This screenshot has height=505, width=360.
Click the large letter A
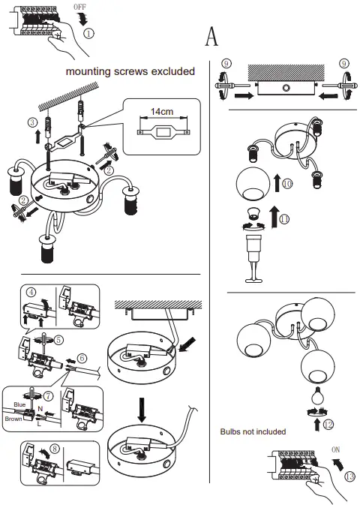coord(211,35)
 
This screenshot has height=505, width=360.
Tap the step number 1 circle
coord(88,34)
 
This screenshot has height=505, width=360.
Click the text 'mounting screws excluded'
coord(130,71)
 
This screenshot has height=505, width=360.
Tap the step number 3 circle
coord(31,122)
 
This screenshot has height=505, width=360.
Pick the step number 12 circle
coord(328,425)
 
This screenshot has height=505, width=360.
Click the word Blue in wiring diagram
coord(19,404)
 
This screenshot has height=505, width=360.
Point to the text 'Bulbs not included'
coord(253,431)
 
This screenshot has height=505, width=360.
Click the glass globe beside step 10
coord(253,187)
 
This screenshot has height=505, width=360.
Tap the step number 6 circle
coord(82,359)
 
